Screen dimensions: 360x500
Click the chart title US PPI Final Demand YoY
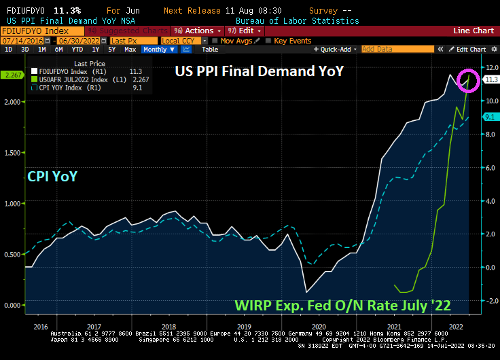click(x=260, y=71)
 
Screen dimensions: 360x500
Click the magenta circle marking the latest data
click(x=469, y=79)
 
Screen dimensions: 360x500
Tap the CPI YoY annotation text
click(x=52, y=177)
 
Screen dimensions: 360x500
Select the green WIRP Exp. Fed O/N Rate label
click(x=342, y=306)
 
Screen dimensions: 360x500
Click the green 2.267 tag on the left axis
click(x=12, y=75)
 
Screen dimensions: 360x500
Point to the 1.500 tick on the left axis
click(x=12, y=152)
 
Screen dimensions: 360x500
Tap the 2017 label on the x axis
click(x=94, y=327)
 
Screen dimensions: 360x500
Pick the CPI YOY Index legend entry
click(x=69, y=87)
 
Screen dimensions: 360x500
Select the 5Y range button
click(x=113, y=50)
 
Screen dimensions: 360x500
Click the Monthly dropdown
click(x=158, y=50)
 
